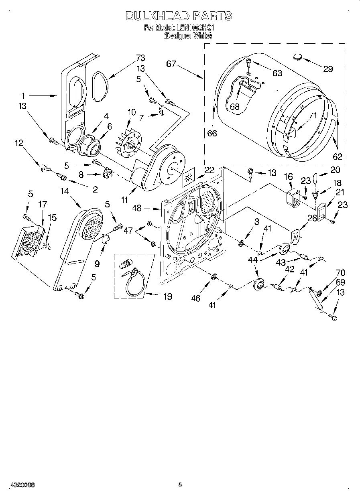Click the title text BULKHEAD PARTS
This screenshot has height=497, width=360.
click(x=179, y=16)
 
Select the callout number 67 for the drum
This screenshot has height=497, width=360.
click(x=171, y=64)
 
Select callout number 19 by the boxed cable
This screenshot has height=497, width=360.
click(x=167, y=296)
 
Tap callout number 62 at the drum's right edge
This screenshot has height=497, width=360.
click(x=338, y=156)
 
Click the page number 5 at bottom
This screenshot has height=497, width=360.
click(x=180, y=485)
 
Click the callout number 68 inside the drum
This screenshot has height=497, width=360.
click(x=234, y=107)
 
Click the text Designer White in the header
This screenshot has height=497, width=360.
click(x=188, y=35)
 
